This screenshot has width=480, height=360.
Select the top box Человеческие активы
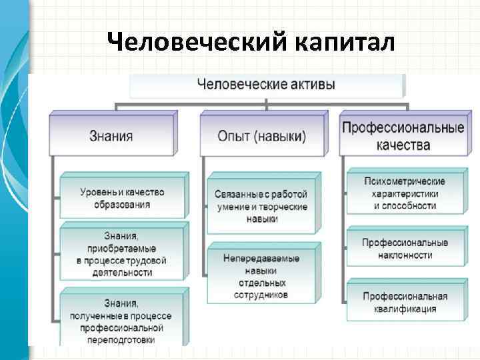point(266,85)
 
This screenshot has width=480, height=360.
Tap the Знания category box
point(111,136)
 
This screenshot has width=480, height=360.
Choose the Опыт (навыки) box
point(262,136)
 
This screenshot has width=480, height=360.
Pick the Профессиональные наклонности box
point(405,249)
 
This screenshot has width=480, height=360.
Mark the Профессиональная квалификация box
point(405,302)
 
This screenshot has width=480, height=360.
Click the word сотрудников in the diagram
point(261,295)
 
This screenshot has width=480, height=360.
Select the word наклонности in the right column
point(405,255)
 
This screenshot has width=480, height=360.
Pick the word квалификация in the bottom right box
point(405,309)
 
